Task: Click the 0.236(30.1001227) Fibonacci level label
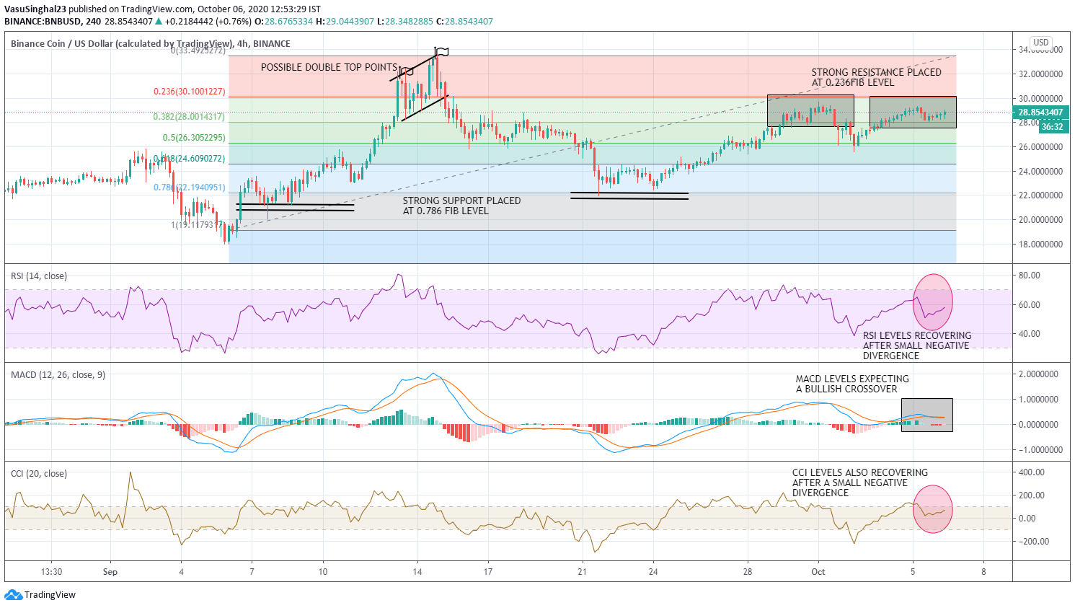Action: pos(189,92)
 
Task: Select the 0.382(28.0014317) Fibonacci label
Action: pos(189,116)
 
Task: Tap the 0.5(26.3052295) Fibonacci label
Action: pos(193,137)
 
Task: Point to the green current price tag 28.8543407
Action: pos(1040,113)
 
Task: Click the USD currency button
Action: pos(1040,43)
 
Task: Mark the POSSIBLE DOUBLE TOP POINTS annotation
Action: pos(329,67)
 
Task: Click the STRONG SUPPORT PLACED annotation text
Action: pos(461,206)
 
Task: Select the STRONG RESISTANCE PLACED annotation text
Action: pos(876,77)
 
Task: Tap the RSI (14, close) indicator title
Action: pos(39,276)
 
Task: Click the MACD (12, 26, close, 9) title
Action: pos(58,375)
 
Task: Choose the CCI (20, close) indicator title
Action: pos(39,474)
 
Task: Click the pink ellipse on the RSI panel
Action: pos(933,302)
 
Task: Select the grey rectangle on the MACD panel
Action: pos(926,415)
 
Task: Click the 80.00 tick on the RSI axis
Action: pos(1030,276)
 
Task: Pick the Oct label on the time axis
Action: pos(818,572)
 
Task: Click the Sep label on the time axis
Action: pos(110,572)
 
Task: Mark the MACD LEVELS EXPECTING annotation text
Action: pos(851,384)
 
